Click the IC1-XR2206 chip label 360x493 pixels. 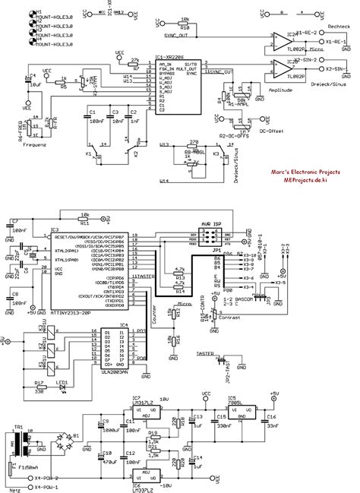point(169,58)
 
